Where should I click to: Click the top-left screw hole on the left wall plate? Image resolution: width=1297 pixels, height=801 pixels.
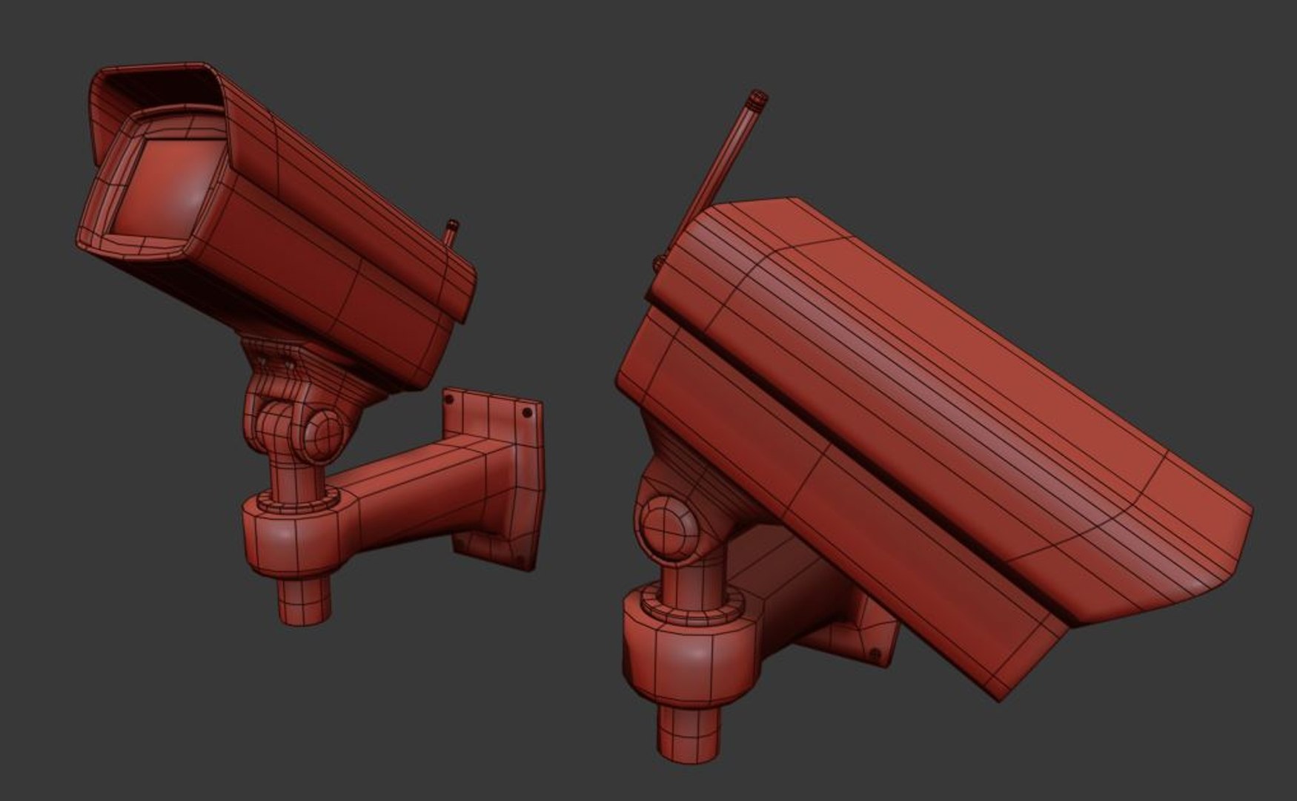(449, 400)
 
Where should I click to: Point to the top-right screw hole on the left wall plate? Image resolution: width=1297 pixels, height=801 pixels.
(527, 412)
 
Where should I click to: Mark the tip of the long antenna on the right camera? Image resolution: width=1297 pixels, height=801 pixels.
(757, 97)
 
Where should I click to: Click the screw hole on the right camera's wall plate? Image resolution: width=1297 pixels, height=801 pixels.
(875, 654)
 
